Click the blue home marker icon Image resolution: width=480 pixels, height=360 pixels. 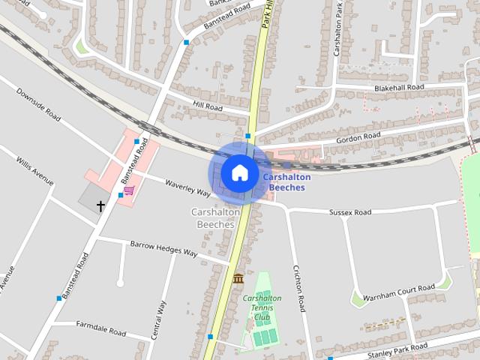point(239,172)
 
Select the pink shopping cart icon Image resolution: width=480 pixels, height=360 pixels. point(129,190)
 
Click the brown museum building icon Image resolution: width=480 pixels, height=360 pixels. point(238,279)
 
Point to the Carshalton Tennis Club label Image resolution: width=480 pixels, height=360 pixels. point(262,307)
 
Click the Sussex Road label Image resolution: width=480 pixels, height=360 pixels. point(350,213)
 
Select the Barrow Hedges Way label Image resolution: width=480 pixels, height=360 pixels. point(163,249)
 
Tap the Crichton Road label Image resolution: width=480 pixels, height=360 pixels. point(298,288)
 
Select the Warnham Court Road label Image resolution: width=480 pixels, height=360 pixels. point(398,292)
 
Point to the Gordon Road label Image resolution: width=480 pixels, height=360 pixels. point(358,138)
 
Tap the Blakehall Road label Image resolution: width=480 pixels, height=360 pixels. point(398,88)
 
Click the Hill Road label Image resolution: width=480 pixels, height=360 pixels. point(208,107)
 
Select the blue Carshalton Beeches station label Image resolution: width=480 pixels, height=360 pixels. point(283,182)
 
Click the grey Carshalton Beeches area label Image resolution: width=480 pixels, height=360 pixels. point(216,218)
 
